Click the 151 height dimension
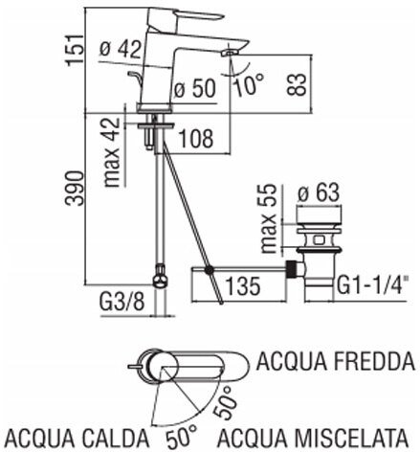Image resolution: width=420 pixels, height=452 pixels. click(76, 50)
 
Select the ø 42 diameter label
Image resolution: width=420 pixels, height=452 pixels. click(121, 49)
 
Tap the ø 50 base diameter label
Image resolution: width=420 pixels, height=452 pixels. click(195, 88)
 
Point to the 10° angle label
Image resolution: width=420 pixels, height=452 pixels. click(249, 84)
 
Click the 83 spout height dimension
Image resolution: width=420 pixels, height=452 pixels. click(296, 84)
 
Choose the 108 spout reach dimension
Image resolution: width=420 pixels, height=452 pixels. click(196, 139)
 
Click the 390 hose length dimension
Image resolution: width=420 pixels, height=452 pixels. click(75, 188)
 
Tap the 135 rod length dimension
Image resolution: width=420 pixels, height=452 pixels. click(243, 285)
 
